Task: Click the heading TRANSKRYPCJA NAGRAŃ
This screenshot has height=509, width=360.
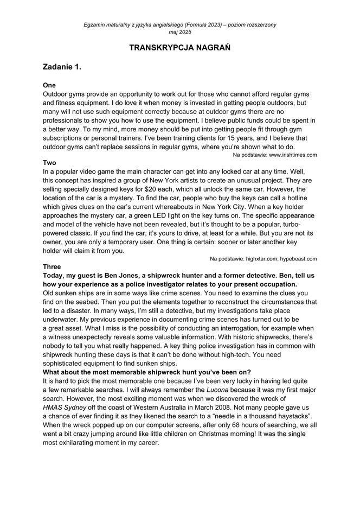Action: pos(180,48)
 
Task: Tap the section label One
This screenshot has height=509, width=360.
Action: pos(49,85)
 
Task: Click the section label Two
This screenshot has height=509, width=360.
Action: pos(49,162)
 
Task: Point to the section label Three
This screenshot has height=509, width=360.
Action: pos(52,267)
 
